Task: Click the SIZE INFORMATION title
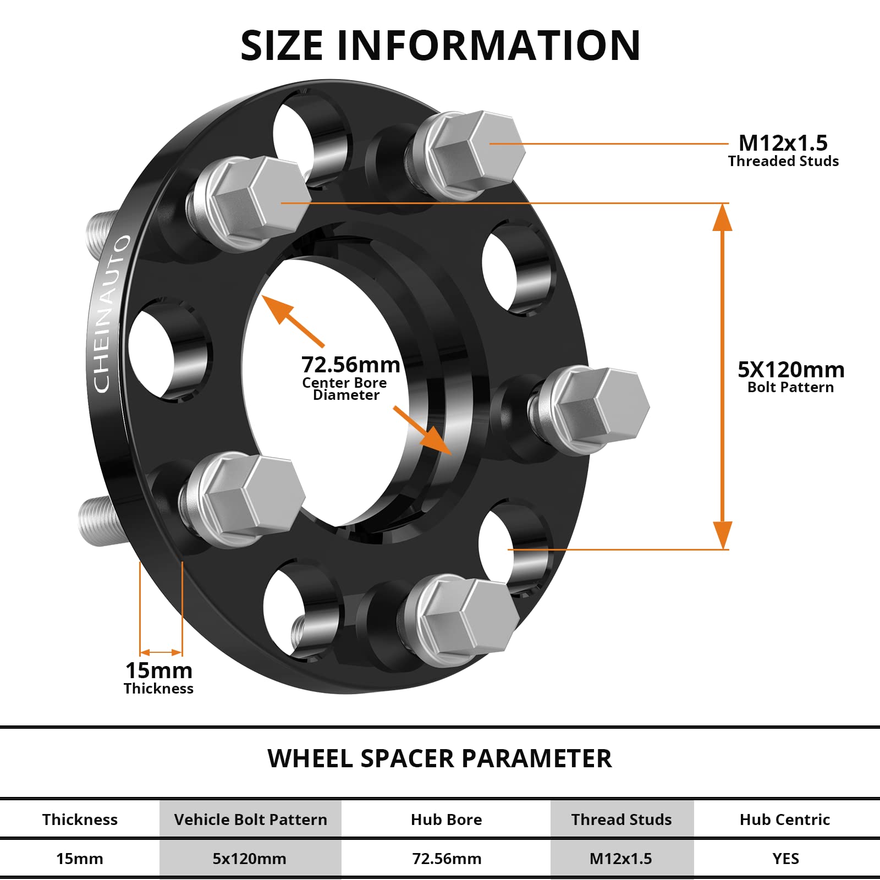tap(440, 45)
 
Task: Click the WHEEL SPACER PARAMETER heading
tap(439, 758)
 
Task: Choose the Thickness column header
tap(80, 820)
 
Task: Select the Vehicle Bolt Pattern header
tap(250, 820)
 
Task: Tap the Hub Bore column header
tap(446, 820)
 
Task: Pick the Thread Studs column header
tap(621, 820)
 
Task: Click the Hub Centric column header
tap(784, 820)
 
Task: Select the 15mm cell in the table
tap(80, 859)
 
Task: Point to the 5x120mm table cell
tap(249, 859)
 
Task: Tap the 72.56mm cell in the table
tap(447, 859)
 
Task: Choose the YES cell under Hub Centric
tap(785, 859)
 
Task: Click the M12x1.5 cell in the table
tap(620, 859)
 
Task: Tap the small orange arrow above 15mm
tap(161, 652)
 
